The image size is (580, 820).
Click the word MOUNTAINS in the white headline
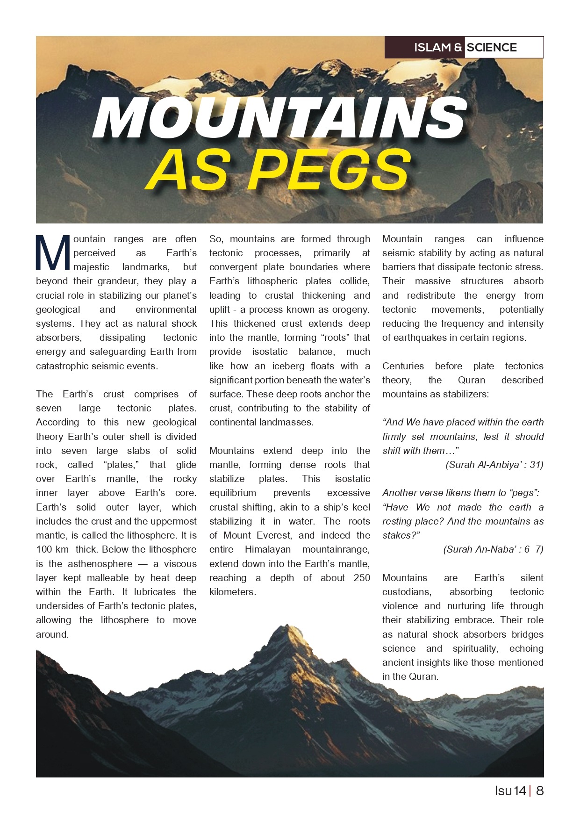tap(279, 118)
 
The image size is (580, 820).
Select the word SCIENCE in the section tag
tap(492, 47)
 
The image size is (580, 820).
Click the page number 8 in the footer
tap(540, 791)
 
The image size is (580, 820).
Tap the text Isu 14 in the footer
tap(510, 791)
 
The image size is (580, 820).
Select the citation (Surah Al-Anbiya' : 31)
tap(494, 465)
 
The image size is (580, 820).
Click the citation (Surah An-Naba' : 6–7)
tap(493, 549)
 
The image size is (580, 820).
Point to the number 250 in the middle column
tap(362, 578)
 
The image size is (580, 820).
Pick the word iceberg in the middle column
tap(289, 366)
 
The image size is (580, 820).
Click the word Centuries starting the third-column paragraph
tap(403, 366)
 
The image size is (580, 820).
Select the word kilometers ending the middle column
tap(232, 592)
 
